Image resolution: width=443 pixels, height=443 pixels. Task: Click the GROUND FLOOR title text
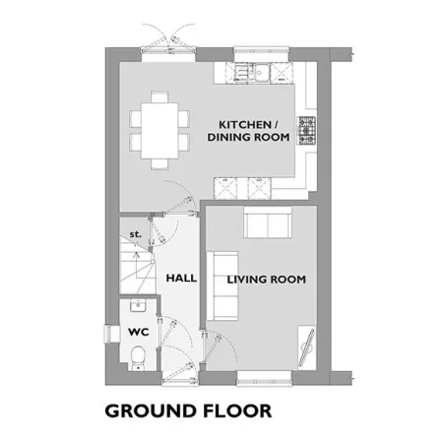tap(188, 411)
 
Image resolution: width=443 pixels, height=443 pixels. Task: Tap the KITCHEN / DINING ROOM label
tap(248, 131)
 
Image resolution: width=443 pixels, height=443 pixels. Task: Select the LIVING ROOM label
tap(267, 280)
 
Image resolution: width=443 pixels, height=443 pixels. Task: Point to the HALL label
tap(181, 279)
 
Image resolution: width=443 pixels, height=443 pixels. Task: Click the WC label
tap(139, 332)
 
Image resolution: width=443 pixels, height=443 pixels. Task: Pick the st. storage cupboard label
tap(135, 234)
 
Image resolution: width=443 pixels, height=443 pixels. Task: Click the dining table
tap(159, 131)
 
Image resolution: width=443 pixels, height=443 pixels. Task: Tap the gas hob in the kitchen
tap(306, 131)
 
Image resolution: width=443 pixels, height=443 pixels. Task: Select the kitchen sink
tap(252, 72)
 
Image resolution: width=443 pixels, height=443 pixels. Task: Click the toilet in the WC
tap(138, 358)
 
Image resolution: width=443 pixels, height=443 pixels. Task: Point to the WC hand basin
tap(138, 305)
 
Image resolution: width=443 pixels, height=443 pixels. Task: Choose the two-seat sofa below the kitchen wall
tap(268, 222)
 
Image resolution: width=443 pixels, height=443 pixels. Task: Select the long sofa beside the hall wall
tap(222, 285)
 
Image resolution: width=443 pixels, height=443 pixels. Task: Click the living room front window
tap(264, 378)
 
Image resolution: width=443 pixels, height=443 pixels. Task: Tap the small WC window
tap(108, 334)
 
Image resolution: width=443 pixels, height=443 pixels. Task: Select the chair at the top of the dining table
tap(159, 97)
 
